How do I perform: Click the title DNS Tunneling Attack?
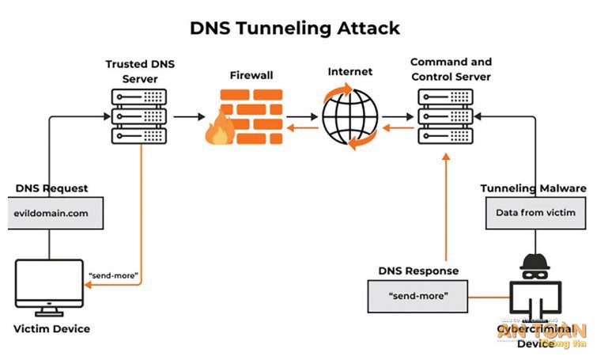point(295,28)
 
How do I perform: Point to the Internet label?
point(350,72)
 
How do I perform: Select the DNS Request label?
point(51,188)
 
